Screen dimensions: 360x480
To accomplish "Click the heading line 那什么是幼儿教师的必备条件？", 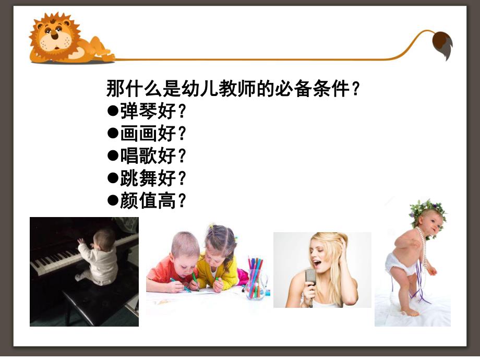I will click(233, 88).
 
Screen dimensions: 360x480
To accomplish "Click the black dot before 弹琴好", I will click(112, 111).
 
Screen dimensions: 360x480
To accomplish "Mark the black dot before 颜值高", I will click(112, 200).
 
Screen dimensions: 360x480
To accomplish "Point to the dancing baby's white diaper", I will click(399, 263).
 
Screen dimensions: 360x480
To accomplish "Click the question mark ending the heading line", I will click(355, 88).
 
